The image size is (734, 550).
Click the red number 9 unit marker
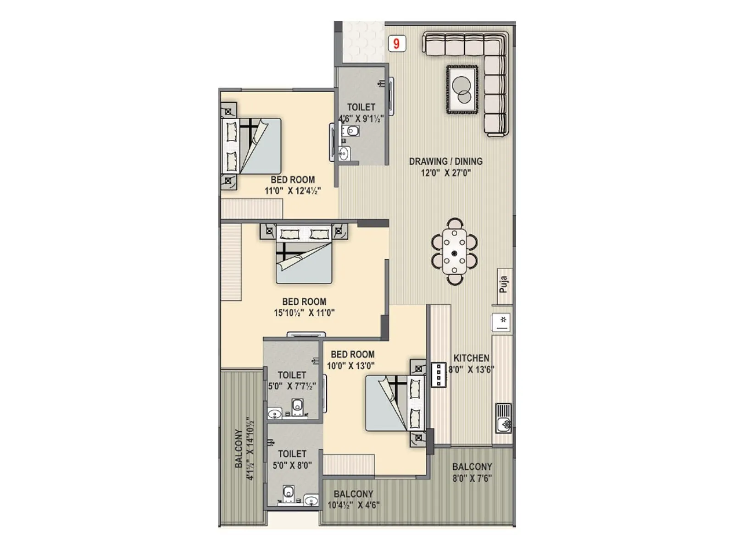pos(397,44)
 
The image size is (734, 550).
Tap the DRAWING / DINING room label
pos(445,161)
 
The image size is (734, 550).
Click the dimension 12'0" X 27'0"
pos(445,173)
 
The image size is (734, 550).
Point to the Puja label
pos(504,284)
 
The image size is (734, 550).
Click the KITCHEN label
pos(471,358)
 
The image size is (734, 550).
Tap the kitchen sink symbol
pos(504,418)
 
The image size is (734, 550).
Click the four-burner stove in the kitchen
pos(439,375)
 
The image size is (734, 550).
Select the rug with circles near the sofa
pos(462,90)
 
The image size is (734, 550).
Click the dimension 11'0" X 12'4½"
pos(293,191)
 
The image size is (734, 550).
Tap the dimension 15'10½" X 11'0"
pos(304,313)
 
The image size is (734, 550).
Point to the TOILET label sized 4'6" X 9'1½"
pos(361,107)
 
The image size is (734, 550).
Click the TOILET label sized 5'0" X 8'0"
pos(292,454)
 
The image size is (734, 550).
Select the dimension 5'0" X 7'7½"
pos(292,386)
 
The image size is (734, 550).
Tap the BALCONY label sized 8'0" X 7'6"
pos(472,467)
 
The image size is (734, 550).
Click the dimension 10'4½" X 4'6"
pos(353,506)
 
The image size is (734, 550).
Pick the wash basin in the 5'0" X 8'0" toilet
pos(311,500)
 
